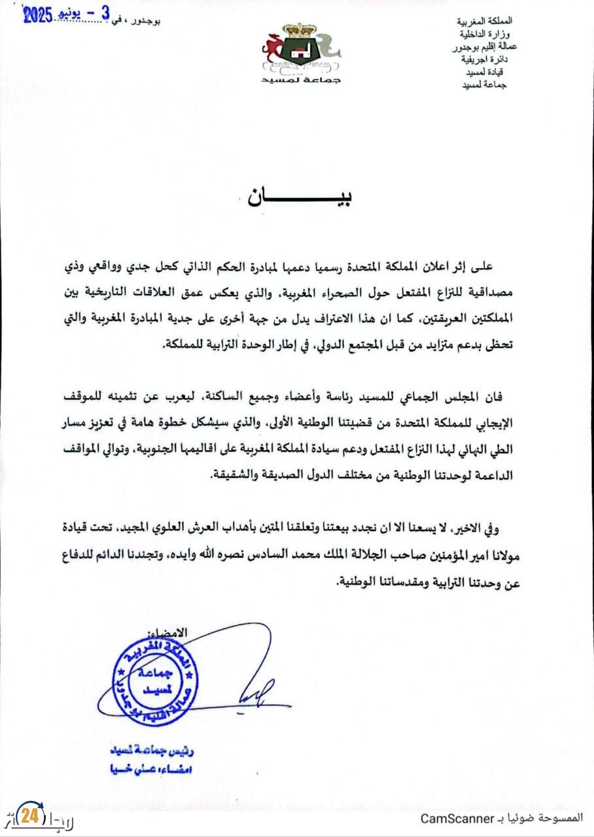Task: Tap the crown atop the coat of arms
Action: pos(302,30)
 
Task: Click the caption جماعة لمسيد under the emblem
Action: pos(302,80)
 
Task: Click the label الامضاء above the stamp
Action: pos(169,632)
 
